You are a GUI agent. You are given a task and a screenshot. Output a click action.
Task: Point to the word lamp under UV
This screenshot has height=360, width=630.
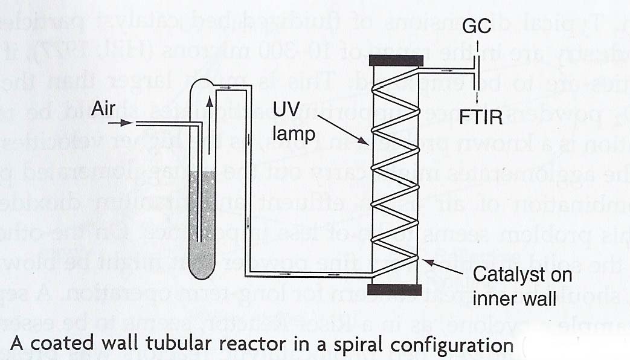tap(294, 134)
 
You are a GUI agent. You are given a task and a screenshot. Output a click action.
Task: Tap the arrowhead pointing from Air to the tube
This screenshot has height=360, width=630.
tap(126, 123)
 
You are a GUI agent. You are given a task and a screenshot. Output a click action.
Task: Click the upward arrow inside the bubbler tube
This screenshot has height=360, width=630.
tap(210, 106)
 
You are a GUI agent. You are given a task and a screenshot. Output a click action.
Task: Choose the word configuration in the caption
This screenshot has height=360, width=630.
tap(461, 346)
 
